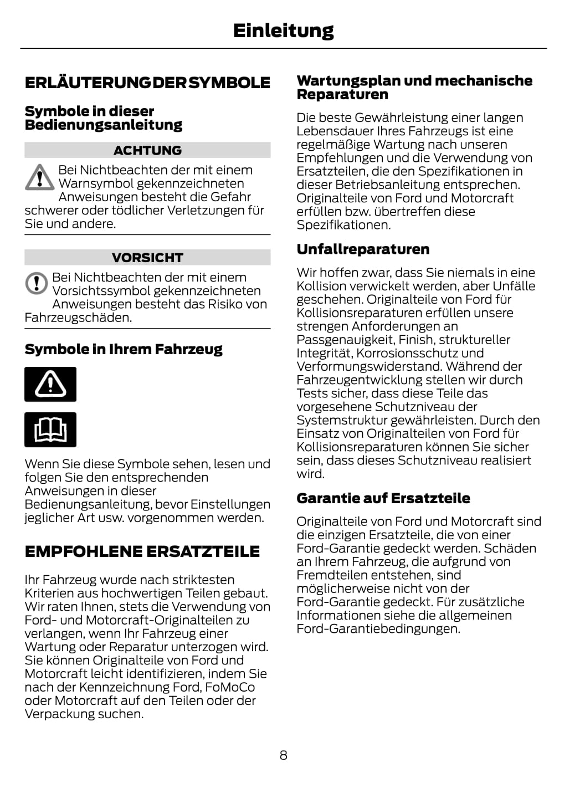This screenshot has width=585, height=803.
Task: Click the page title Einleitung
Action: click(283, 30)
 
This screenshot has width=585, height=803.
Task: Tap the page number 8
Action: click(283, 755)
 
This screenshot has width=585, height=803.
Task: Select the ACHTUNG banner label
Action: click(147, 150)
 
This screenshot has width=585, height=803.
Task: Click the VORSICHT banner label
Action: click(147, 258)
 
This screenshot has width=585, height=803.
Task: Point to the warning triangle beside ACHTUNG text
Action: click(39, 177)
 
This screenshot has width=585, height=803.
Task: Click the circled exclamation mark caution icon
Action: click(37, 283)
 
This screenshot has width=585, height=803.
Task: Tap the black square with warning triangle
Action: click(50, 384)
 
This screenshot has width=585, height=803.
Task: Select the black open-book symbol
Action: click(50, 429)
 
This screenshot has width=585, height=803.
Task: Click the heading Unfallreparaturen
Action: click(363, 249)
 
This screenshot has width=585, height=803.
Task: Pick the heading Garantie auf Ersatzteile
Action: click(383, 498)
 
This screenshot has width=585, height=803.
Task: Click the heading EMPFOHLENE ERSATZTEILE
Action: click(142, 551)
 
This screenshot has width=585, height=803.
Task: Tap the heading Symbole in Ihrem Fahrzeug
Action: click(124, 349)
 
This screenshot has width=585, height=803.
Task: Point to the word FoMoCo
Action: click(230, 687)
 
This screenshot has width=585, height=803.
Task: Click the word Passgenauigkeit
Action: click(345, 340)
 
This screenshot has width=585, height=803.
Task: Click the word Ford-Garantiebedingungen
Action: click(378, 629)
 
